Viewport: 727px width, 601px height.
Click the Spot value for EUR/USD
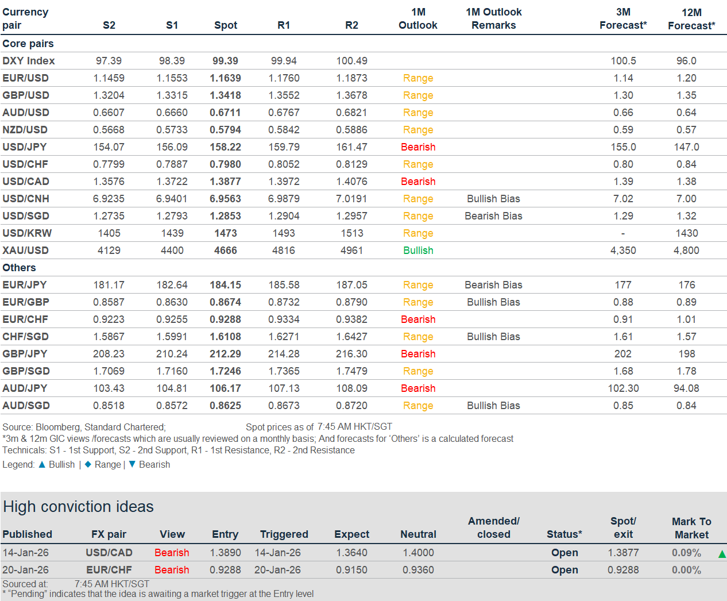click(225, 78)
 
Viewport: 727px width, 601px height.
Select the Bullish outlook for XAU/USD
click(418, 251)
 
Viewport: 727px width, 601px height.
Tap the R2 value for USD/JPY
click(351, 147)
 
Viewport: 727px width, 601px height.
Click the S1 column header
click(172, 25)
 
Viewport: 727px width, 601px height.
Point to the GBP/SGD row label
click(26, 371)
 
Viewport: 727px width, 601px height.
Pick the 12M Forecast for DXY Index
click(686, 61)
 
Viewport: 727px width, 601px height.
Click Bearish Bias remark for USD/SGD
click(493, 216)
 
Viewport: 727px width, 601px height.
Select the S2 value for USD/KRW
click(109, 233)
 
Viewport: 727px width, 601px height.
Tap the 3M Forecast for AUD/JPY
click(623, 388)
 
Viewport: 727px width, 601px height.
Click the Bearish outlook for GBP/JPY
click(418, 354)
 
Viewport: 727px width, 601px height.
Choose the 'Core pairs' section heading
click(28, 44)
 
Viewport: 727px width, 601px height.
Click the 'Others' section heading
click(19, 268)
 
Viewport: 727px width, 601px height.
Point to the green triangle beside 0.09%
click(722, 554)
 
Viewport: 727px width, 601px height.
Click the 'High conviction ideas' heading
click(79, 507)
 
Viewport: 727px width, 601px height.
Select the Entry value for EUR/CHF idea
click(225, 570)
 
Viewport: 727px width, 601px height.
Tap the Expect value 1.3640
click(351, 553)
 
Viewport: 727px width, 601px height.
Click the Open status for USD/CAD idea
click(564, 553)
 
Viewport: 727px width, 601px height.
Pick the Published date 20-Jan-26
click(26, 570)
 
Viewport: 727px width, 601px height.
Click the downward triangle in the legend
click(132, 464)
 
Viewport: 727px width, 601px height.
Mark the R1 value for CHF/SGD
click(284, 337)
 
